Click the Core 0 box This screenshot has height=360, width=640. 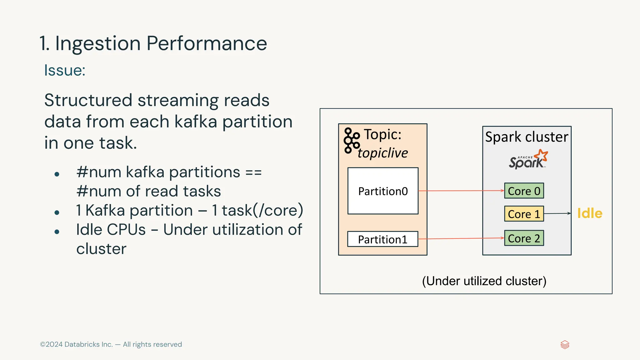tap(524, 191)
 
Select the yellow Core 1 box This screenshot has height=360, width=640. tap(524, 214)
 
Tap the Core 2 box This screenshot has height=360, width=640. tap(524, 238)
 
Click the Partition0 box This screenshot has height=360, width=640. tap(383, 191)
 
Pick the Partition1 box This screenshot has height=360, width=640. tap(383, 239)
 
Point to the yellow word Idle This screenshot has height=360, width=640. tap(590, 213)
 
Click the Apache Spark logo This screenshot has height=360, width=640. tap(528, 160)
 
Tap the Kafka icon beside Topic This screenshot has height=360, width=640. tap(351, 141)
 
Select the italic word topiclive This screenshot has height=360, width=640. tap(383, 153)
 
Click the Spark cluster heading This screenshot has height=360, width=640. tap(527, 137)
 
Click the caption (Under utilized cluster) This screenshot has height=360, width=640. tap(484, 281)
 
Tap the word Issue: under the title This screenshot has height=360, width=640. tap(65, 70)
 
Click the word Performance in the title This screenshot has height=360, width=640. tap(207, 43)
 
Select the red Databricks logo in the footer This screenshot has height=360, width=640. tap(565, 345)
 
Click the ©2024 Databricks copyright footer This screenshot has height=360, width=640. tap(111, 344)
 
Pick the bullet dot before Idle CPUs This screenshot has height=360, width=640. tap(57, 232)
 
